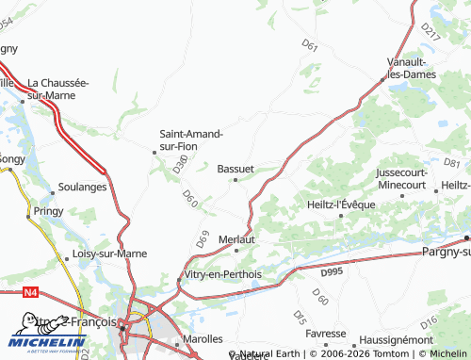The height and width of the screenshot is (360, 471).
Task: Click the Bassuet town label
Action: point(235,168)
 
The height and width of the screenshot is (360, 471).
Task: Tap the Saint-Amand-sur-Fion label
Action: point(191,139)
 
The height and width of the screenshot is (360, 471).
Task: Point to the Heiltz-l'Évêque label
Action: point(340,205)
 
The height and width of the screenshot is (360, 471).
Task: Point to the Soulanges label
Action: point(82,187)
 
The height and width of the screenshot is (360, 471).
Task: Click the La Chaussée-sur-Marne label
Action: point(57,88)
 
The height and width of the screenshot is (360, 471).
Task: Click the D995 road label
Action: point(332,272)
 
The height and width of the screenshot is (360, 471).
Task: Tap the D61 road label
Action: point(310,44)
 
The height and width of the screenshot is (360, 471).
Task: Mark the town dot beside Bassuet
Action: point(235,179)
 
